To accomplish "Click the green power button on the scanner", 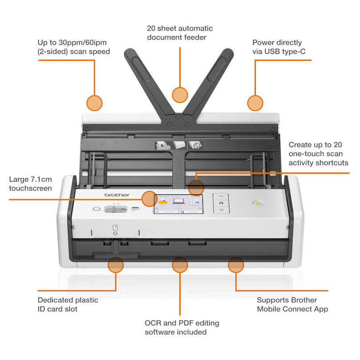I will (257, 204).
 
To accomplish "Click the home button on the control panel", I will (221, 203).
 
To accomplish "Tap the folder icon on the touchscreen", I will (163, 202).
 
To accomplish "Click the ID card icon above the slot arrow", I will (115, 227).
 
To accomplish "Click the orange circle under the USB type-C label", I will (255, 103).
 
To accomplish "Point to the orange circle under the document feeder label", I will (180, 94).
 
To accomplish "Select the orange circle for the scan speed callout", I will (94, 103).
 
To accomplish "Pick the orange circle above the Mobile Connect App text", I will (236, 265).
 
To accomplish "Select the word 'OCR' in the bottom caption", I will (153, 323).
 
